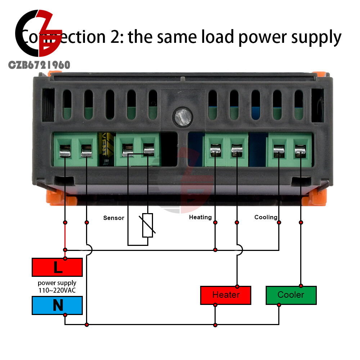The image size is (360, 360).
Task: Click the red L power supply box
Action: [58, 267]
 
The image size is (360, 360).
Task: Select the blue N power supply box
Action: [58, 305]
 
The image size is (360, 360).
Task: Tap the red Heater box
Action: [226, 295]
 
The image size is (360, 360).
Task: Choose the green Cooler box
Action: [291, 295]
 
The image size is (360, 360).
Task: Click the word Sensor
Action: [113, 218]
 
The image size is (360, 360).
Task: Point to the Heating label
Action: [200, 217]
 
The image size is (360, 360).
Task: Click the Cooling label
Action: [266, 217]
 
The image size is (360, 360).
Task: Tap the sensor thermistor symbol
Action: [148, 225]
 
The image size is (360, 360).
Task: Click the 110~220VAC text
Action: [57, 290]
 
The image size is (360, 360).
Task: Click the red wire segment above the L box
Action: [65, 236]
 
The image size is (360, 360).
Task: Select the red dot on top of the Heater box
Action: [237, 287]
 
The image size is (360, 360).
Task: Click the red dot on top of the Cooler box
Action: [301, 287]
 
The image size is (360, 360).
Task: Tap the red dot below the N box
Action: [65, 315]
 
